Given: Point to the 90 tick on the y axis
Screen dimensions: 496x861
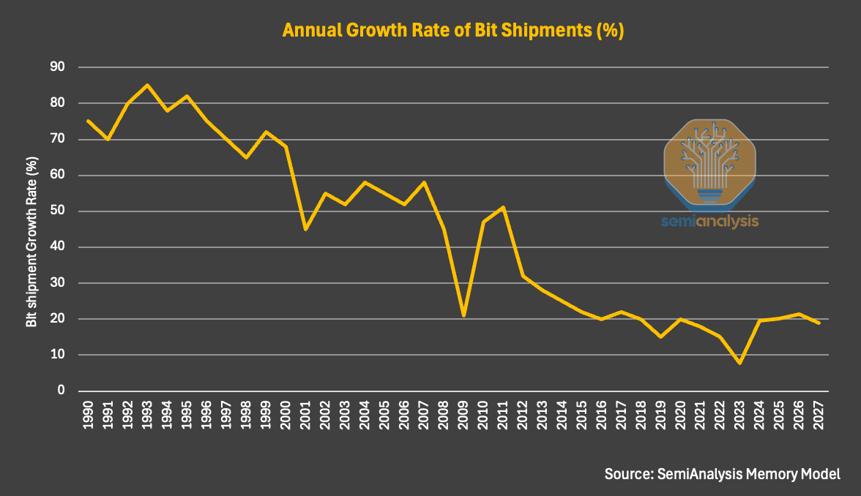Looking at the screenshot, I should [x=56, y=67].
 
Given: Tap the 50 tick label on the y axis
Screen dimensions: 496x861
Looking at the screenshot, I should [x=56, y=211].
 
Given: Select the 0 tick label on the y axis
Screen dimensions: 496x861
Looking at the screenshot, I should [x=61, y=391].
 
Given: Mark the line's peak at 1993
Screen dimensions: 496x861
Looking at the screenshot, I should [x=147, y=85].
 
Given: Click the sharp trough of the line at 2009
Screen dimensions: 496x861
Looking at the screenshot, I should [x=463, y=315].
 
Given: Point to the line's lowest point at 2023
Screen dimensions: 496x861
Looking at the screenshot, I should [x=739, y=363].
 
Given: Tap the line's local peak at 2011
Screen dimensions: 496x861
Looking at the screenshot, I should [x=503, y=207].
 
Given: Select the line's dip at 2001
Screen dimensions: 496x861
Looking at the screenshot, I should [x=305, y=229].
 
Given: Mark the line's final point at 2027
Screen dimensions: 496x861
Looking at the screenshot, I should [x=819, y=323].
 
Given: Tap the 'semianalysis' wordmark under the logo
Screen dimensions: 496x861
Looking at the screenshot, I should [x=709, y=221].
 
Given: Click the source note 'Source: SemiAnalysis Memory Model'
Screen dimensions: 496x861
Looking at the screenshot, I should [x=722, y=473].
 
